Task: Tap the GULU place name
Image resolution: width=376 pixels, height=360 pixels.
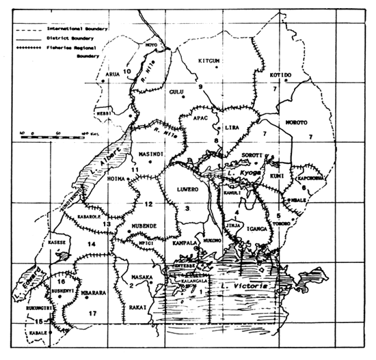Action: [x=177, y=91]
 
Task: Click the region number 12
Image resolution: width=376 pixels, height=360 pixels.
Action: [x=148, y=204]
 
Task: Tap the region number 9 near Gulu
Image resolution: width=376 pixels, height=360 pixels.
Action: [x=200, y=87]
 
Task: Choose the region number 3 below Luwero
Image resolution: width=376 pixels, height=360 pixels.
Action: [x=187, y=210]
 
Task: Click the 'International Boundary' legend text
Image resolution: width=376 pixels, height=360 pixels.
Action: [x=68, y=31]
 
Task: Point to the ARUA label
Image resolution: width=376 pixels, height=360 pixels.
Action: [x=113, y=77]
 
